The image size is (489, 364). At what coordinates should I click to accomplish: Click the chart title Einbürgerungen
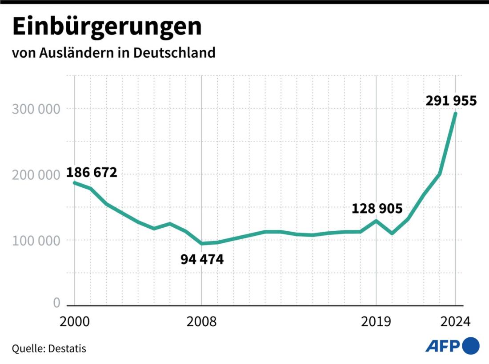[x=107, y=28]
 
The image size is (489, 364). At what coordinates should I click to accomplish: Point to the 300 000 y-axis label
[x=35, y=109]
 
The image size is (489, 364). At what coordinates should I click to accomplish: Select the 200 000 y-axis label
[x=35, y=175]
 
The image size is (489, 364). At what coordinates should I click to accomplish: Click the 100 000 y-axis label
[x=35, y=241]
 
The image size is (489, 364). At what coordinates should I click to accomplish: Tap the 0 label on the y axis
[x=56, y=303]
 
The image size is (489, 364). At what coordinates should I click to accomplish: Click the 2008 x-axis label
[x=201, y=321]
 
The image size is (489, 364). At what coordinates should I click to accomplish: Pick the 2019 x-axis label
[x=377, y=321]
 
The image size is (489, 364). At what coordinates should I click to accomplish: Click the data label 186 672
[x=92, y=172]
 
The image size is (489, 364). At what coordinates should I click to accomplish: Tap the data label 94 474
[x=202, y=259]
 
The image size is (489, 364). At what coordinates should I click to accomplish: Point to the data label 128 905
[x=377, y=208]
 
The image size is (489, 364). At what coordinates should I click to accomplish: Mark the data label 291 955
[x=451, y=101]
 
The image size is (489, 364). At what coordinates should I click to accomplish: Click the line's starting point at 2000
[x=74, y=182]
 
